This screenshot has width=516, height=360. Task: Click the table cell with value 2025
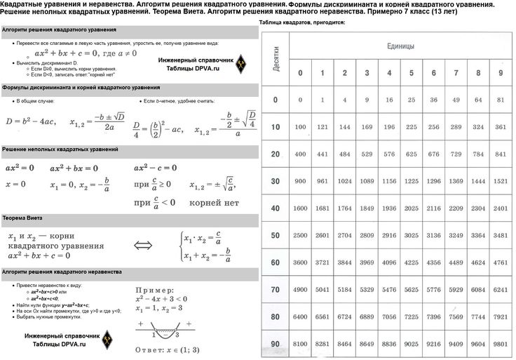[x=411, y=208]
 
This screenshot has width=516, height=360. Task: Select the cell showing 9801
[x=500, y=344]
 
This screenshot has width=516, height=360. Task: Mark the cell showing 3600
[x=300, y=262]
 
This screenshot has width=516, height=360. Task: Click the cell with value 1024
[x=344, y=181]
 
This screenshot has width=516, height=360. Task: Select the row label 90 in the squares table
[x=275, y=343]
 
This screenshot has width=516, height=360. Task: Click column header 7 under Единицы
[x=456, y=73]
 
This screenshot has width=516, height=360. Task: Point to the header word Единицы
[x=400, y=46]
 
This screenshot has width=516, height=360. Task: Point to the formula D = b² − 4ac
[x=29, y=122]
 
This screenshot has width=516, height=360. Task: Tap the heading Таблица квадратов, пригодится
[x=301, y=23]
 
